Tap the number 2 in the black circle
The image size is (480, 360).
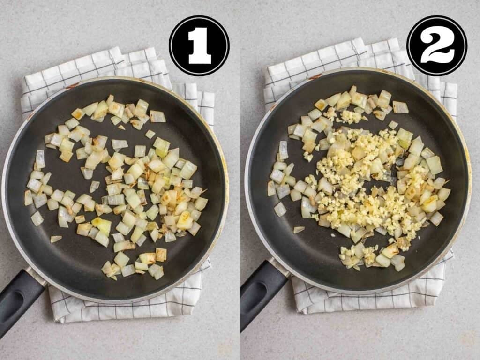point(437,45)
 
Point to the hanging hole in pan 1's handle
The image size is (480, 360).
point(13,301)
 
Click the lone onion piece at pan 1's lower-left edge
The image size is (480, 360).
point(56,239)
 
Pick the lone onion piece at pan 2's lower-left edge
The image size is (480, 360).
point(299,229)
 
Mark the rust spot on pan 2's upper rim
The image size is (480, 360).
point(315,76)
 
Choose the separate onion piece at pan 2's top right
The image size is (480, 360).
point(400,107)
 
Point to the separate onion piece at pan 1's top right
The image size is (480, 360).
point(157,116)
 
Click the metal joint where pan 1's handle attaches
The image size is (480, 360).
point(36,276)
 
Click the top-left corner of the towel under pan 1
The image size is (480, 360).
point(24,78)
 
